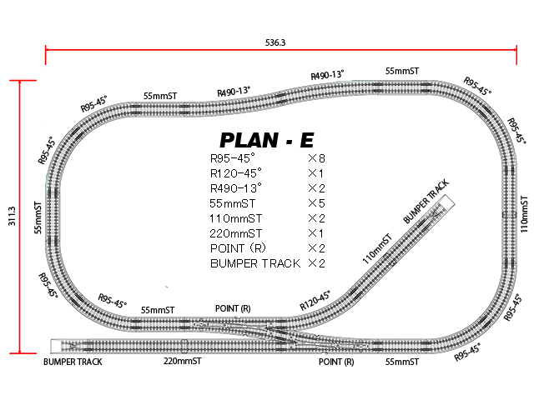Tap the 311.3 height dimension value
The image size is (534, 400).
click(x=11, y=214)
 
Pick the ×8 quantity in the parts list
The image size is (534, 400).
click(x=315, y=158)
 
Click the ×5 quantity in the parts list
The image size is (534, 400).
click(x=315, y=203)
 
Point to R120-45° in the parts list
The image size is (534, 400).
click(x=236, y=173)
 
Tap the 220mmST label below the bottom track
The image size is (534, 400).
click(x=183, y=362)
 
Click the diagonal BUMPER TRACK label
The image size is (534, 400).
click(x=426, y=201)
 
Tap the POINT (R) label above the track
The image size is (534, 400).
click(x=233, y=308)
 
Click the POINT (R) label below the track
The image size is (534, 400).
click(x=337, y=362)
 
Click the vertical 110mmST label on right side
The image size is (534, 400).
click(x=524, y=213)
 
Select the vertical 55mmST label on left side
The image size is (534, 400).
click(x=38, y=217)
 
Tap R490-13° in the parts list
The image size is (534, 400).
click(x=236, y=188)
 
